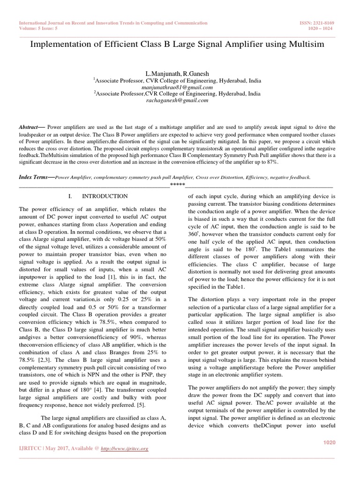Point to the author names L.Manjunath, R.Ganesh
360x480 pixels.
pyautogui.click(x=177, y=74)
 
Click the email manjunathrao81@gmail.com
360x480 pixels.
pyautogui.click(x=177, y=87)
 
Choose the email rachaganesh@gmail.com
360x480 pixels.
pyautogui.click(x=177, y=100)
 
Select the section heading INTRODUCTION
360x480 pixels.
pyautogui.click(x=104, y=196)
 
